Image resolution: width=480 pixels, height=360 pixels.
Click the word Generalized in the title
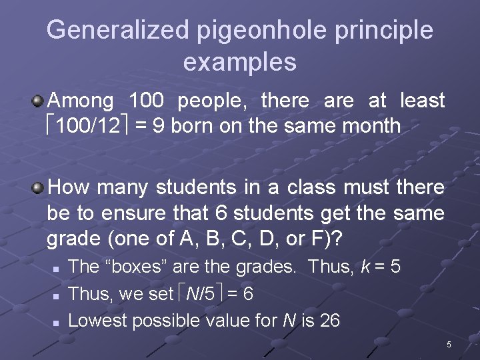tap(118, 30)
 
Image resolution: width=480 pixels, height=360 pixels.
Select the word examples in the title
tap(239, 62)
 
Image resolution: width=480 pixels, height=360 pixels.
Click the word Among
tap(81, 101)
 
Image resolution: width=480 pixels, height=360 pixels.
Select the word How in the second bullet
tap(69, 187)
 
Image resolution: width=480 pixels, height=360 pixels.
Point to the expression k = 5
tap(380, 267)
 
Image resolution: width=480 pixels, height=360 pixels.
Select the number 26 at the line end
tap(329, 321)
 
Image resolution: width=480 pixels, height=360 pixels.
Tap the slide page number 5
tap(449, 345)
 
